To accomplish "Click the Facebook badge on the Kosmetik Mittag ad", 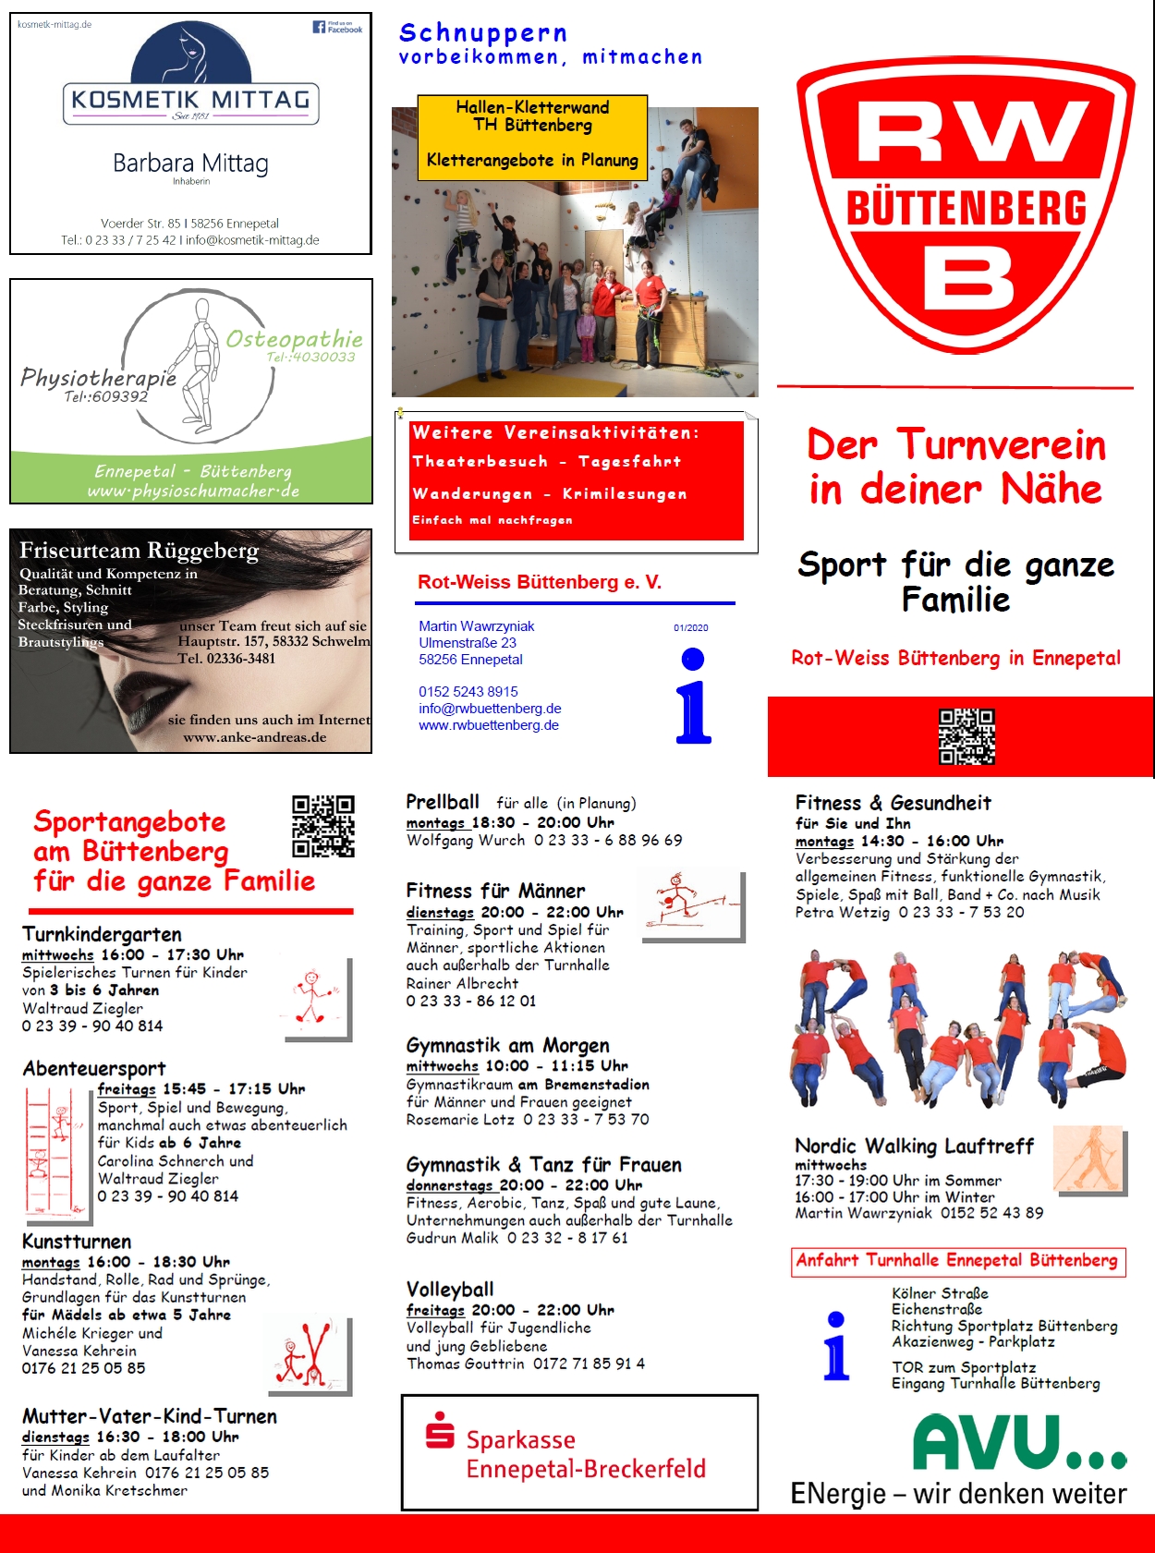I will pos(337,28).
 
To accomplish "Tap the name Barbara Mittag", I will pos(190,164).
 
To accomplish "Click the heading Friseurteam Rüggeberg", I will pos(139,551).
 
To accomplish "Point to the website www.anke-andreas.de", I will pos(255,737).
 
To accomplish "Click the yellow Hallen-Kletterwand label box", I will pos(532,135).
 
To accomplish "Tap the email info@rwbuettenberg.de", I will pos(490,709).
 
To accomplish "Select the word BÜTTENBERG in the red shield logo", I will pos(967,210).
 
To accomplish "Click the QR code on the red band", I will pos(967,736).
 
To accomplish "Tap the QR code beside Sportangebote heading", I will pos(323,826).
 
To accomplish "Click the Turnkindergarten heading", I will pos(102,934).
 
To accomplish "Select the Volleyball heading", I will pos(450,1290).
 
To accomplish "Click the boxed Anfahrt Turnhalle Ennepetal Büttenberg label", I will pos(957,1261).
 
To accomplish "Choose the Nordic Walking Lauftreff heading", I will pos(914,1147).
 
